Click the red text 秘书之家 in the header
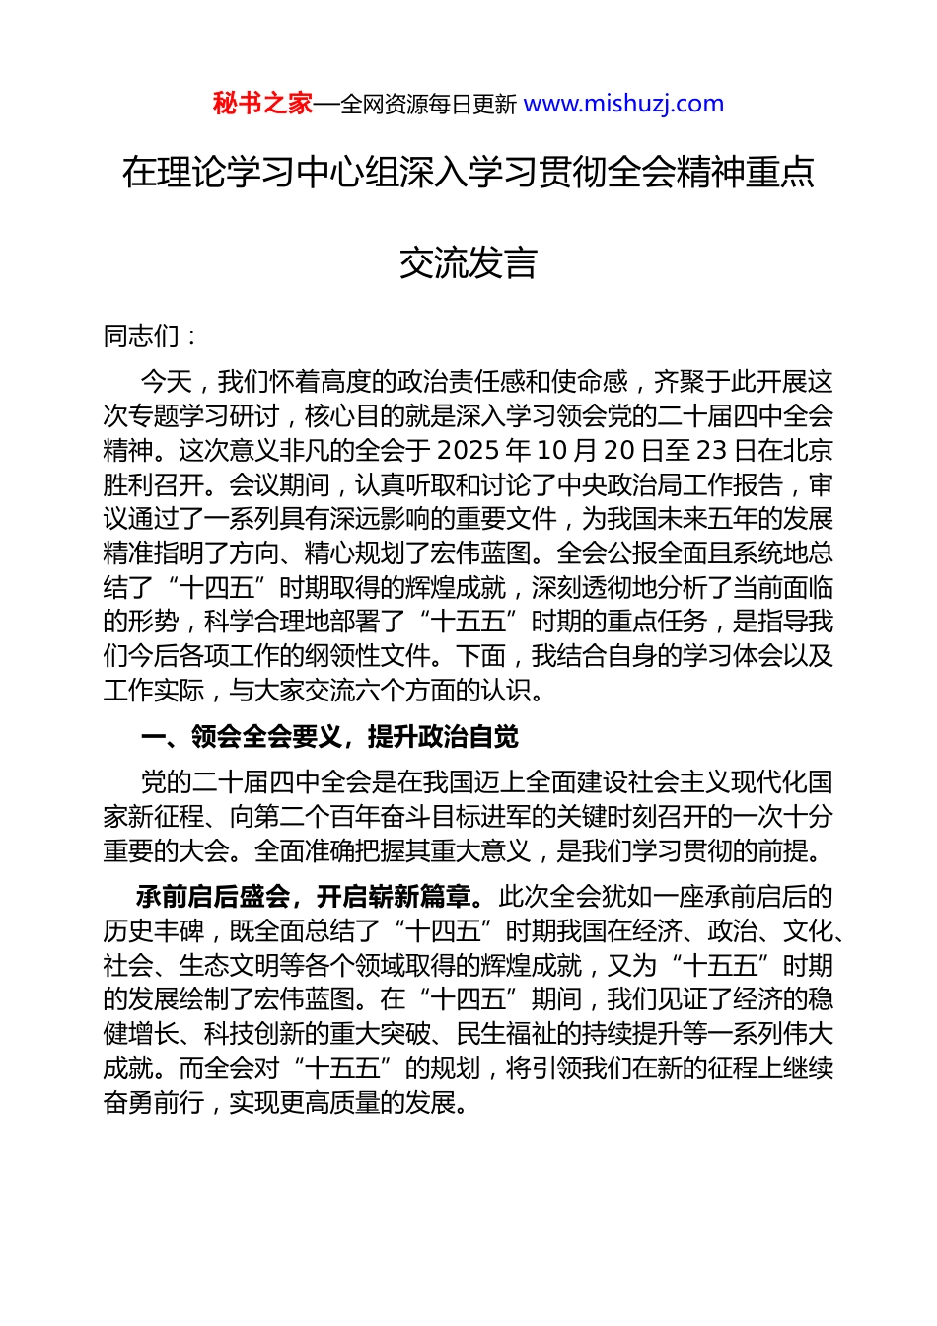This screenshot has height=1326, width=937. (262, 104)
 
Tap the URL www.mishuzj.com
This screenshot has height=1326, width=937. (623, 104)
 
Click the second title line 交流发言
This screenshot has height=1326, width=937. (468, 263)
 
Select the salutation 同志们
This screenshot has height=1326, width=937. (141, 336)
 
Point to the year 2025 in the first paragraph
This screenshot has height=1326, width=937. (468, 451)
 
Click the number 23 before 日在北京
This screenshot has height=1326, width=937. (711, 451)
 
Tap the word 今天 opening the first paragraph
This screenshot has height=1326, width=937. (166, 382)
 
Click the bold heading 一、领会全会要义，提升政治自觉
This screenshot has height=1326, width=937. (329, 737)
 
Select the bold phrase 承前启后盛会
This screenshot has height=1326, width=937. (213, 897)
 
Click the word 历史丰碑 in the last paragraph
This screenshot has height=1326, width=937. (153, 931)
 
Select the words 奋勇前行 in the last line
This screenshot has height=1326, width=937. (153, 1103)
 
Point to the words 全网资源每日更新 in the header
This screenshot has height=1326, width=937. (428, 105)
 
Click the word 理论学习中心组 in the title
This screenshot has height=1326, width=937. (278, 173)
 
